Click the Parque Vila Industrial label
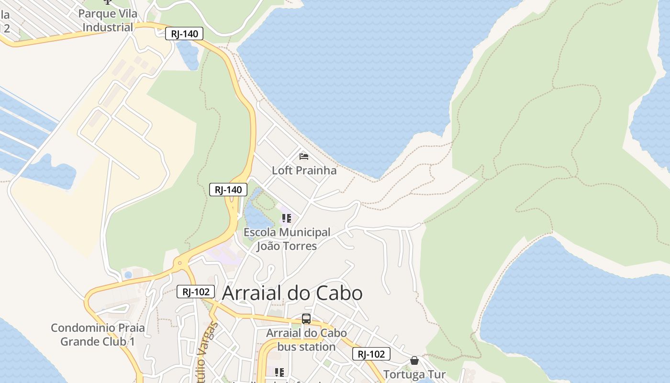107,21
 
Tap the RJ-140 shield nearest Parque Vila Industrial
184,34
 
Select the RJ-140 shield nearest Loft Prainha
228,190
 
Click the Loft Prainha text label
304,170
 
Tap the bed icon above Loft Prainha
304,156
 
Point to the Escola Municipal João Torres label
287,239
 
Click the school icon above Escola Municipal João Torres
286,219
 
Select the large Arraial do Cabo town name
292,293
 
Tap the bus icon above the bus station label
306,319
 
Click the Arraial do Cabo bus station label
306,339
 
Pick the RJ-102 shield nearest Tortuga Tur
371,354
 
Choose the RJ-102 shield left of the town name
195,292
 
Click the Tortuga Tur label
414,374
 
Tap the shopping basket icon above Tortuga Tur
414,360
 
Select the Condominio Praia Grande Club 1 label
98,335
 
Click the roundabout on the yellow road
180,263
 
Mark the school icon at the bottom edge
279,372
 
